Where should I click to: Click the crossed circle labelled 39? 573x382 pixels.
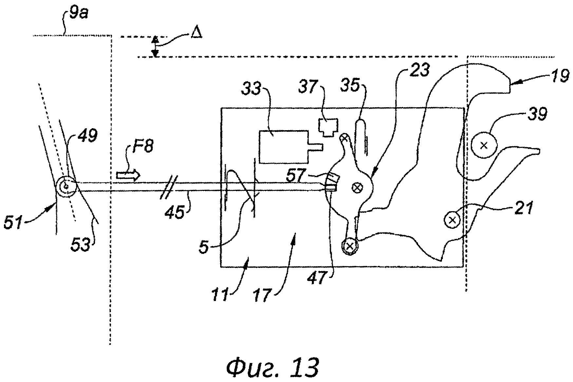coord(484,145)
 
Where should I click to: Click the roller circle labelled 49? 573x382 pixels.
coord(67,186)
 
